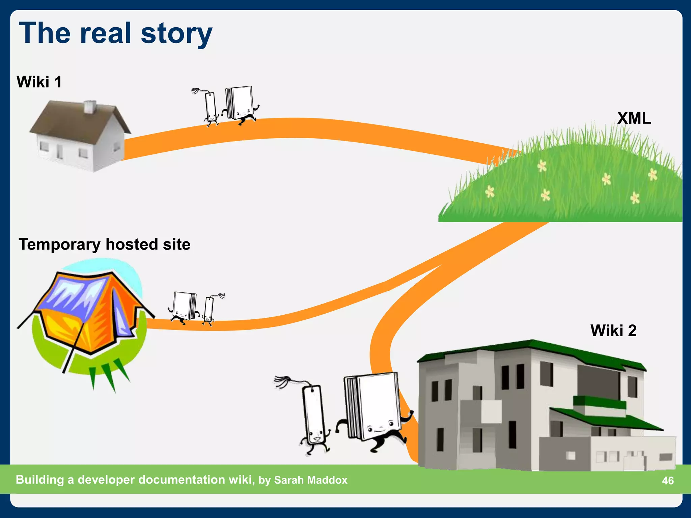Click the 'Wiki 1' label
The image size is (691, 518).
point(39,82)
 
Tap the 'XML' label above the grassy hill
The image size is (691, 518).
point(634,118)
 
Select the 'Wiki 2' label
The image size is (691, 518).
point(613,330)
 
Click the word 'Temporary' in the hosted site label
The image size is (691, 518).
point(59,244)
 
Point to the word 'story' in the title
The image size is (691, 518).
point(176,34)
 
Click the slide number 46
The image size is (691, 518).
point(668,480)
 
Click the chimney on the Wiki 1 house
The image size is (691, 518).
point(89,107)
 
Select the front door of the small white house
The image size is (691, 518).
point(60,151)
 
